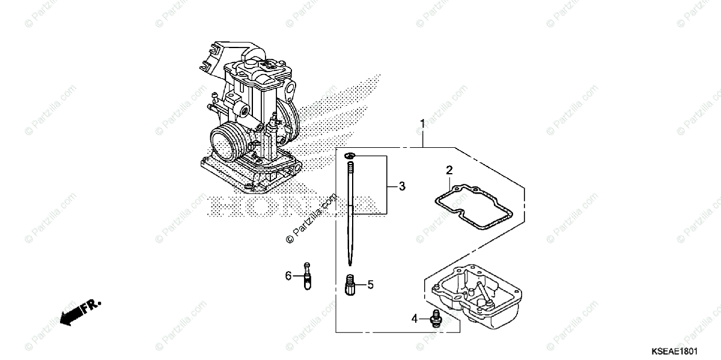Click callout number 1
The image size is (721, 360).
pyautogui.click(x=422, y=124)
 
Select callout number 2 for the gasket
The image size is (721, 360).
pyautogui.click(x=449, y=171)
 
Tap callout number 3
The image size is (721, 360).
pyautogui.click(x=402, y=186)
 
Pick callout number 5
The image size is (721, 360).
pyautogui.click(x=371, y=284)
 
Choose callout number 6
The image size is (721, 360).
pyautogui.click(x=288, y=276)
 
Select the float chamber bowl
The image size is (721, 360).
pyautogui.click(x=475, y=301)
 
